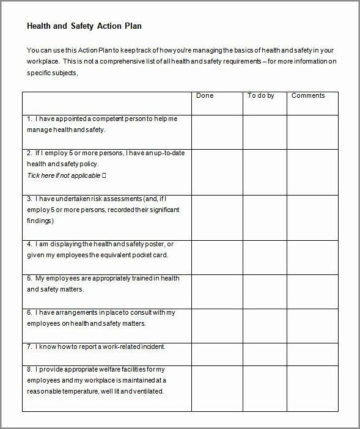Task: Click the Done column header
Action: click(205, 96)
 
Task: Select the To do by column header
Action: click(261, 96)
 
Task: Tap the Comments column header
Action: click(308, 96)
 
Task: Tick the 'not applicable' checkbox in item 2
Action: click(104, 175)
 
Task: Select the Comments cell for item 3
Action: click(312, 218)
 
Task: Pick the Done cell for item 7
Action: click(217, 350)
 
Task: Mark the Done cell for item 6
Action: click(217, 320)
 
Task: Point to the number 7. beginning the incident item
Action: click(29, 346)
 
